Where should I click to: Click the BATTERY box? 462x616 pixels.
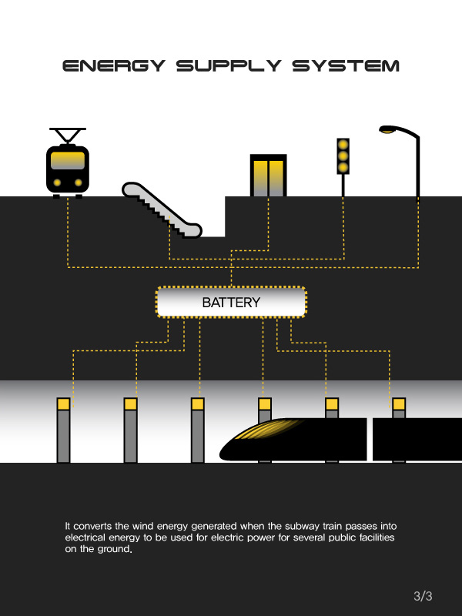[231, 302]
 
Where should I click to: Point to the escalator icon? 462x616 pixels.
[161, 209]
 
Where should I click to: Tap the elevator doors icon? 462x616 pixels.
[268, 176]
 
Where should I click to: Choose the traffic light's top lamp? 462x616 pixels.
[343, 145]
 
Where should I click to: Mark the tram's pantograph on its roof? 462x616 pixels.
[68, 136]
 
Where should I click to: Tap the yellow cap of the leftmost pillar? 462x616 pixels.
[63, 403]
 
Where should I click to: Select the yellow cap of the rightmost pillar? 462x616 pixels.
[399, 403]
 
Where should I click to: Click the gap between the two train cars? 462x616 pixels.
[370, 439]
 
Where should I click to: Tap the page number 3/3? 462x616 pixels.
[423, 596]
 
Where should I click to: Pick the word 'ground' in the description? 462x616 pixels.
[104, 549]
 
